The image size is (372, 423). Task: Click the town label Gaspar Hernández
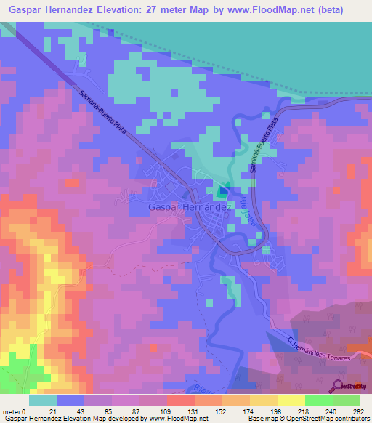190,206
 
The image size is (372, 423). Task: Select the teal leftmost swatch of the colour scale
43,400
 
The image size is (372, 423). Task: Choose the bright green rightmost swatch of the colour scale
347,400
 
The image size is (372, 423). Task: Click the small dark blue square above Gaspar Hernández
222,191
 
